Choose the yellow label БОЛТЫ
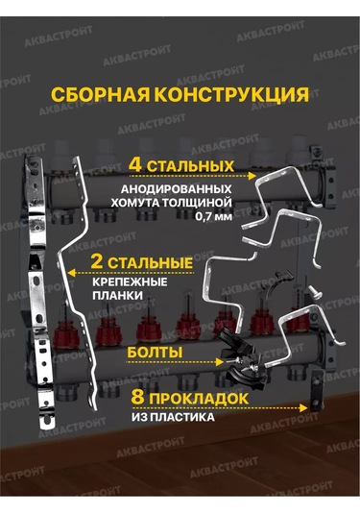click(155, 354)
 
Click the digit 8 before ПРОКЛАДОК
click(112, 397)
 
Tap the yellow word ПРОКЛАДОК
click(178, 397)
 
